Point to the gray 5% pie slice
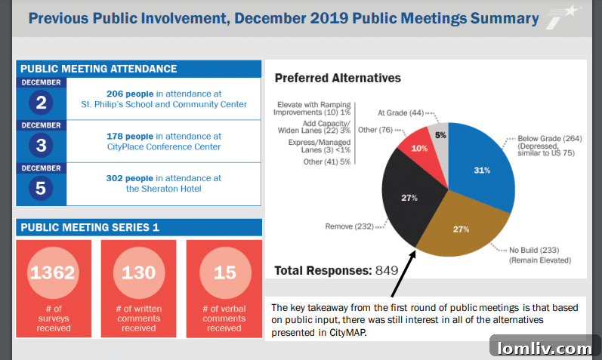(440, 134)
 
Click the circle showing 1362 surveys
(53, 272)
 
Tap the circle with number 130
(138, 272)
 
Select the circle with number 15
(224, 272)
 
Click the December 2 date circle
(41, 103)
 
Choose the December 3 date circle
(41, 145)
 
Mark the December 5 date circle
(41, 187)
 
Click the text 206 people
(131, 94)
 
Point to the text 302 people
(131, 178)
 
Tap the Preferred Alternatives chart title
(338, 78)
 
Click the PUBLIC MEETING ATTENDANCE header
(99, 69)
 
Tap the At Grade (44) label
(400, 112)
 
